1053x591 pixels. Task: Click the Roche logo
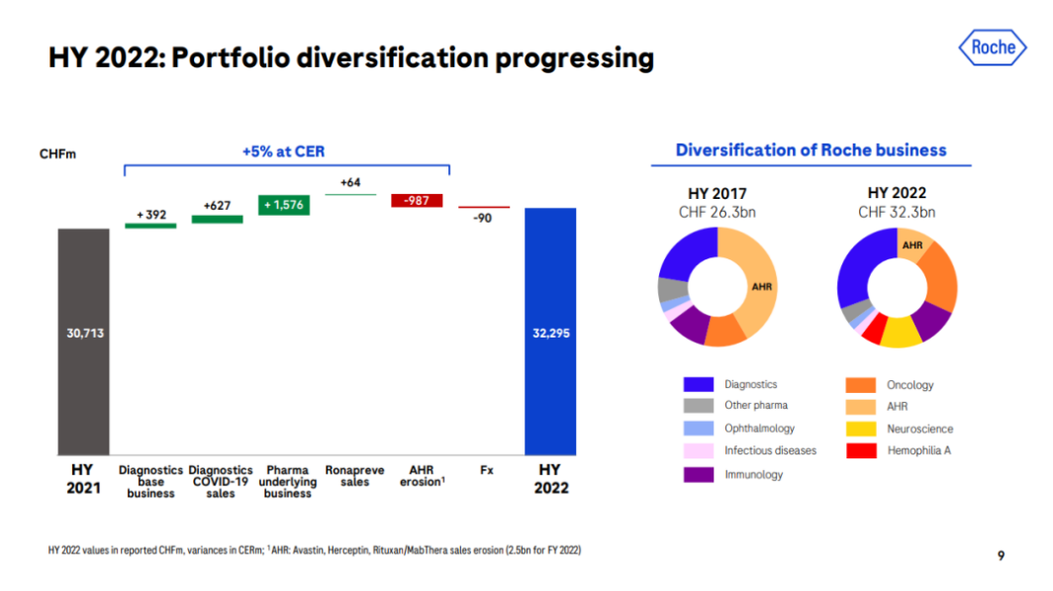(x=992, y=48)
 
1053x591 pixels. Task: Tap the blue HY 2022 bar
(x=549, y=332)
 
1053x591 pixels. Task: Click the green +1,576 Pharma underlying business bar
(x=284, y=205)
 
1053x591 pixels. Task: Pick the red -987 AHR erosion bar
(x=417, y=200)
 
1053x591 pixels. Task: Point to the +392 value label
(x=150, y=214)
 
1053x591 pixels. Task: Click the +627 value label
(x=217, y=205)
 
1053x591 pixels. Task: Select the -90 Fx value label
(x=483, y=218)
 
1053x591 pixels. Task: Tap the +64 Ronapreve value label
(x=351, y=183)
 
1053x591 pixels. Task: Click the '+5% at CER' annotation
(x=283, y=152)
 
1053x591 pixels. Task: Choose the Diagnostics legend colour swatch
(x=698, y=384)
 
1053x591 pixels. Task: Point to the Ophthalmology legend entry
(x=759, y=428)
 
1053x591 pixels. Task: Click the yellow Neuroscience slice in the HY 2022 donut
(x=901, y=333)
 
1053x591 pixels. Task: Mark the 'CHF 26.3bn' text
(x=717, y=212)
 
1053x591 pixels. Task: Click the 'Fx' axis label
(x=486, y=470)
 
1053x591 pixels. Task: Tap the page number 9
(x=1001, y=555)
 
